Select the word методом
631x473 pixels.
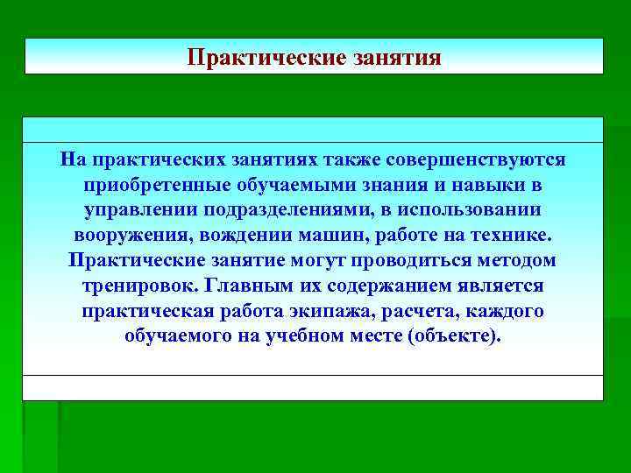521,262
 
